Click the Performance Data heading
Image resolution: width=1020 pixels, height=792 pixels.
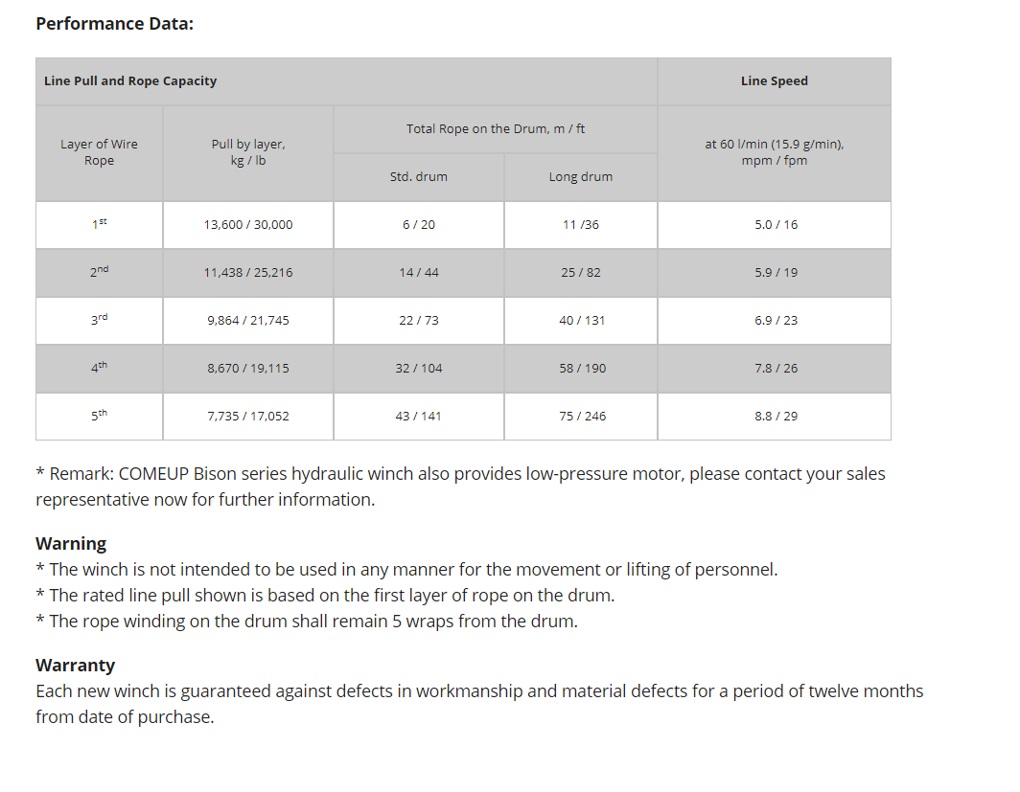click(x=114, y=23)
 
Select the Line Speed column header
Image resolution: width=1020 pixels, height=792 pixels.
click(x=774, y=81)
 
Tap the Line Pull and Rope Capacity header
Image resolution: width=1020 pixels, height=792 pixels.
click(x=130, y=81)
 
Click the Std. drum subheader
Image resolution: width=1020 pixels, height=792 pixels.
click(x=418, y=177)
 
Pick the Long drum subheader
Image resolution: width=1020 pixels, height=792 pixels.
click(x=580, y=177)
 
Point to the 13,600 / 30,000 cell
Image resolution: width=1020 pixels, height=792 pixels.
click(x=248, y=225)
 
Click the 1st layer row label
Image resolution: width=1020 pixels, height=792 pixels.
click(x=99, y=224)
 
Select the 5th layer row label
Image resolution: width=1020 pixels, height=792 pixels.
click(x=99, y=416)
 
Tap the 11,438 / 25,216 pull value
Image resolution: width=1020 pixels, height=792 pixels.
click(x=248, y=273)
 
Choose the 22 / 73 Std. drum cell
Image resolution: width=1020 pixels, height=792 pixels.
click(x=419, y=321)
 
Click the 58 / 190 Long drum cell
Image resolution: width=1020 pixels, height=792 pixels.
click(x=582, y=369)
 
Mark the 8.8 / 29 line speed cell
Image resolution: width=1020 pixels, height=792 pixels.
click(x=776, y=417)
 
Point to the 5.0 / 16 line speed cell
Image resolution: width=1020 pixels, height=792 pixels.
click(x=776, y=225)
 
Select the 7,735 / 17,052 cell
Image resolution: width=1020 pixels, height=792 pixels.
click(x=248, y=417)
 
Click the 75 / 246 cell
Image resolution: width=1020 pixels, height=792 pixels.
click(x=582, y=417)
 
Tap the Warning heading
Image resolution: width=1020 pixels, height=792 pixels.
click(x=71, y=544)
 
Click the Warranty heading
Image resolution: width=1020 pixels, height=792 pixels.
click(x=75, y=666)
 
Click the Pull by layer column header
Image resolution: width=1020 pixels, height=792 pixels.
click(x=248, y=152)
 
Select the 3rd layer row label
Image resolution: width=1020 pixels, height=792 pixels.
click(x=99, y=320)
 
